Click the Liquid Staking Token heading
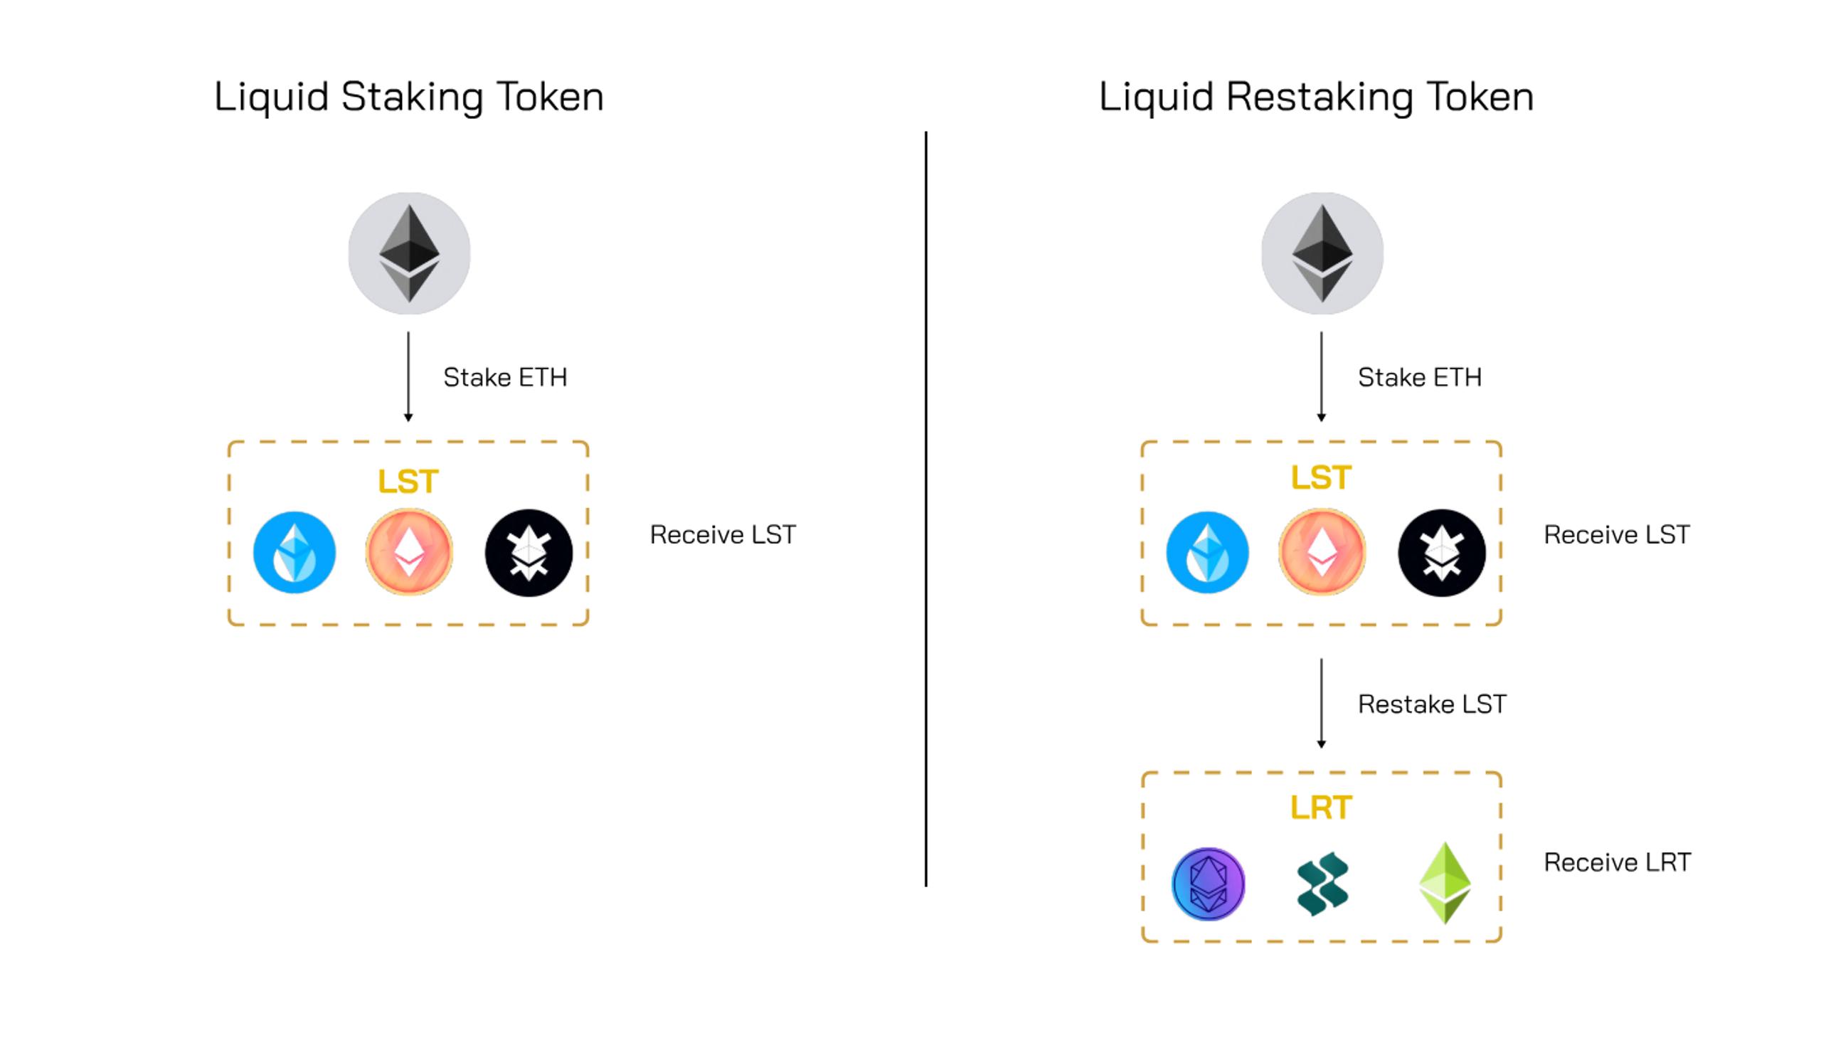409,97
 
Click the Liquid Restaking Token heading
1316,97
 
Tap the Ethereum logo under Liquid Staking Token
409,253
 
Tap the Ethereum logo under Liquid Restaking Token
1322,253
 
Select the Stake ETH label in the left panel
505,378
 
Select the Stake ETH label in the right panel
1419,378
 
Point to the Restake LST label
1431,704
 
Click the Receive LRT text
1617,862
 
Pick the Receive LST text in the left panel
723,534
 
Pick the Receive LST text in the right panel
1616,534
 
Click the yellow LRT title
1321,808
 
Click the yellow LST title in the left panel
408,482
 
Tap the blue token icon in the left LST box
294,552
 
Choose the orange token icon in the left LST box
409,552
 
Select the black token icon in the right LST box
1441,552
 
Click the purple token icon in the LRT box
1208,883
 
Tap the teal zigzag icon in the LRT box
1322,883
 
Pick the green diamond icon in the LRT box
1445,882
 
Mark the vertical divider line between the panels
926,509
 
